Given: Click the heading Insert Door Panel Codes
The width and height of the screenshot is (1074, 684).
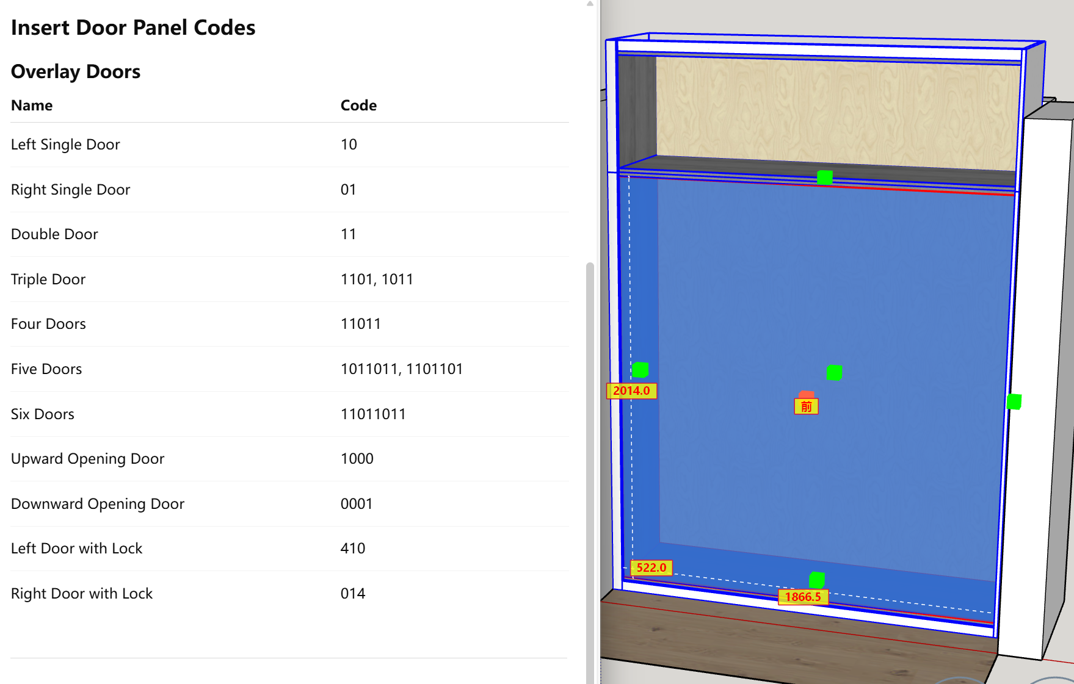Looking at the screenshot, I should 133,28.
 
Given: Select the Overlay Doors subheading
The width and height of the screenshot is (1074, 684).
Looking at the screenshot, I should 76,72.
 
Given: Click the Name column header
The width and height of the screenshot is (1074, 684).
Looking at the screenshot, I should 32,106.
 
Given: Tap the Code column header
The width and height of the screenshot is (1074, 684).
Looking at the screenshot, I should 358,106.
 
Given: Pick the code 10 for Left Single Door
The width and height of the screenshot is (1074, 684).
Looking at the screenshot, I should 349,145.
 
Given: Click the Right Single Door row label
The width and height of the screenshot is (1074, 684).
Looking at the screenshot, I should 70,190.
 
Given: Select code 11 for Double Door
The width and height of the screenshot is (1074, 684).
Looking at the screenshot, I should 348,234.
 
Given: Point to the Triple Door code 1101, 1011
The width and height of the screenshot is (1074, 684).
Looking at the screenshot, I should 377,279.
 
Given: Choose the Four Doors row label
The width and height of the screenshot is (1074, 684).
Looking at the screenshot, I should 48,324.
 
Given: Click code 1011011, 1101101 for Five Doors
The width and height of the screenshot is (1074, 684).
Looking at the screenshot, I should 401,369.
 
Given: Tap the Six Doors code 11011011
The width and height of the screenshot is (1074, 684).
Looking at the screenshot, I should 373,414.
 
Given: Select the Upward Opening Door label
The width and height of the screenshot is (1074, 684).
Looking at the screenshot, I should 87,459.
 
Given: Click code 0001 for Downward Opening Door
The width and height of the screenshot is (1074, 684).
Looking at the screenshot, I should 357,504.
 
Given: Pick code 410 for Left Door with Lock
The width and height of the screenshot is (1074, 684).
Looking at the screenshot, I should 353,549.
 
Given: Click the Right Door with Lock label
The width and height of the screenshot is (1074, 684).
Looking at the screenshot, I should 82,594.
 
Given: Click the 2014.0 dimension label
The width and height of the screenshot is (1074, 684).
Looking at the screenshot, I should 631,391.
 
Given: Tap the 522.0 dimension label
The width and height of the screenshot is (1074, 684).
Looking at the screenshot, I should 651,568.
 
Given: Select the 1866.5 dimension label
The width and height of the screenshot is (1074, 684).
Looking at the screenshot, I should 803,597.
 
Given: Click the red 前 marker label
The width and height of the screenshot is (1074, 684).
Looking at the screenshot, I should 806,406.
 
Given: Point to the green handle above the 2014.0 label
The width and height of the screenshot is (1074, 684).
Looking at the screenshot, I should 640,370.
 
